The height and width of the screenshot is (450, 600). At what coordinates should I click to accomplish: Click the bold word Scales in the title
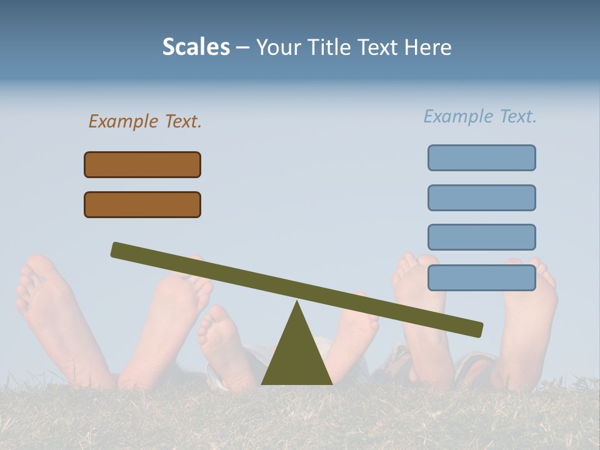[196, 47]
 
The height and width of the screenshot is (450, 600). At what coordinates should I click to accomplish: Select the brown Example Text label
[145, 121]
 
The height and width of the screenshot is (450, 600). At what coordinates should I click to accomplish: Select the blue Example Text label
[480, 116]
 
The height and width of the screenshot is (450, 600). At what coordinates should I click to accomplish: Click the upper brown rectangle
[142, 164]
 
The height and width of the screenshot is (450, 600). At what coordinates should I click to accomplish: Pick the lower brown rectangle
[142, 204]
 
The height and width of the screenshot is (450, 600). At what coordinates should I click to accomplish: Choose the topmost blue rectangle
[481, 157]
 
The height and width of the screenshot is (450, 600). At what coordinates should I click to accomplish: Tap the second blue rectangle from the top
[481, 197]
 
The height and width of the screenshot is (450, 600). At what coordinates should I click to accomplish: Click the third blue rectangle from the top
[481, 237]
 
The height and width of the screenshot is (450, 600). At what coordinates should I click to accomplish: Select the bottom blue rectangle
[481, 277]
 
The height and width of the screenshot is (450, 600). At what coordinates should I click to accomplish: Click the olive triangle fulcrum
[297, 356]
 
